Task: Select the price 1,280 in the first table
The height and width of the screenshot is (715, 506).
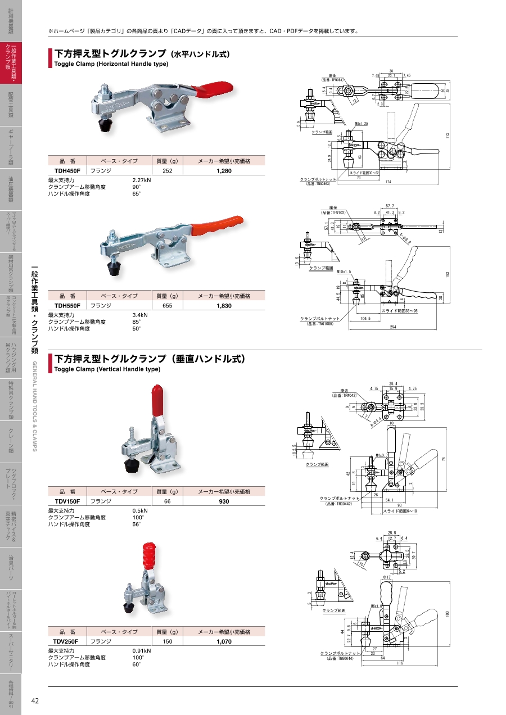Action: coord(224,170)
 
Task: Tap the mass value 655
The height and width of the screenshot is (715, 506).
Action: coord(167,305)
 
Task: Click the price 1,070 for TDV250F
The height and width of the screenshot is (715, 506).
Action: coord(224,641)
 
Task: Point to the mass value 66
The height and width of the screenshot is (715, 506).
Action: coord(167,501)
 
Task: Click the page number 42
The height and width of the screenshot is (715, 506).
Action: coord(35,700)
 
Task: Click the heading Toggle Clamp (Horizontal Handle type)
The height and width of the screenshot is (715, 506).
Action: coord(111,64)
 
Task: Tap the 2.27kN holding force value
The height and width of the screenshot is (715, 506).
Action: coord(141,180)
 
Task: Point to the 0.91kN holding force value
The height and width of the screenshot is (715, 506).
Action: coord(141,651)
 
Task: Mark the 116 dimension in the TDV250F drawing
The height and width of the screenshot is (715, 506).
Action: coord(399,664)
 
